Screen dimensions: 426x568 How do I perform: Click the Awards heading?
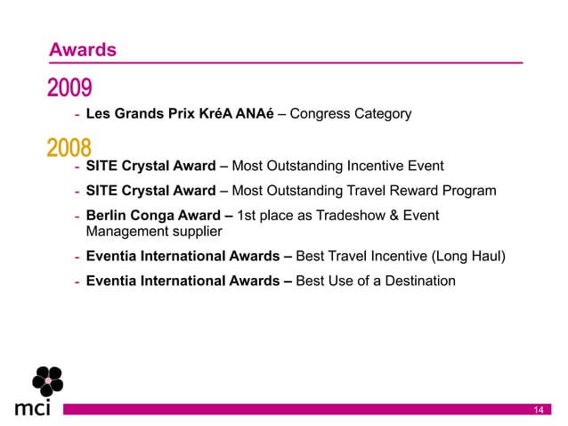click(x=82, y=50)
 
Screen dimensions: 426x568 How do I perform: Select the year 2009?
click(x=69, y=88)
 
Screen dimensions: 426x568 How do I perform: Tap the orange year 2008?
click(x=69, y=146)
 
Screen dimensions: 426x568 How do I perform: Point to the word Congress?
click(x=321, y=114)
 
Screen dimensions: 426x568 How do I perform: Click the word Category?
click(x=383, y=114)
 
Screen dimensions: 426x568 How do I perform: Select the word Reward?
click(x=407, y=191)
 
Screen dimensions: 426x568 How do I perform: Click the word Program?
click(x=466, y=191)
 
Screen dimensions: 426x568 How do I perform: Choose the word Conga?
click(x=154, y=216)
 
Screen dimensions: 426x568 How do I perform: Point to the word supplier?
click(x=192, y=232)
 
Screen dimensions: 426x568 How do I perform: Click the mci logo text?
click(x=33, y=409)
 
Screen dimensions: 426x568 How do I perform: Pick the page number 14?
click(x=538, y=409)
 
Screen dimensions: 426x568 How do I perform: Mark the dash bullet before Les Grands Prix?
click(x=77, y=115)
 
